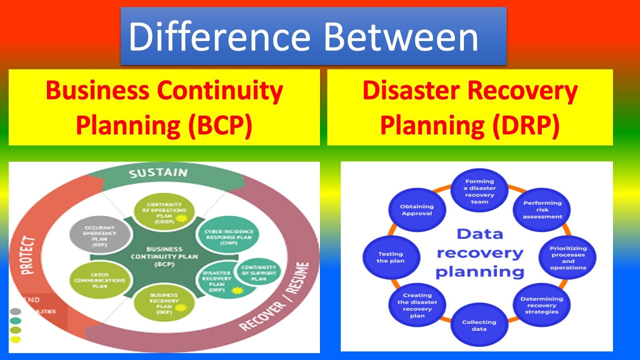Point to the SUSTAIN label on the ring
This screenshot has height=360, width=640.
pos(158,173)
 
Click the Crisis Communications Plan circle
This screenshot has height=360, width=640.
pos(93,280)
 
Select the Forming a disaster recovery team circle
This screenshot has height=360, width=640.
pos(479,191)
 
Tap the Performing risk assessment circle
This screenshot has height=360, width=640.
pos(542,209)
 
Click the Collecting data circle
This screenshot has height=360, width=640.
pos(479,325)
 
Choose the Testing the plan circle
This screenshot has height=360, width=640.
pos(390,257)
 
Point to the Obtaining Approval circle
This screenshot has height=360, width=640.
pos(416,209)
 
